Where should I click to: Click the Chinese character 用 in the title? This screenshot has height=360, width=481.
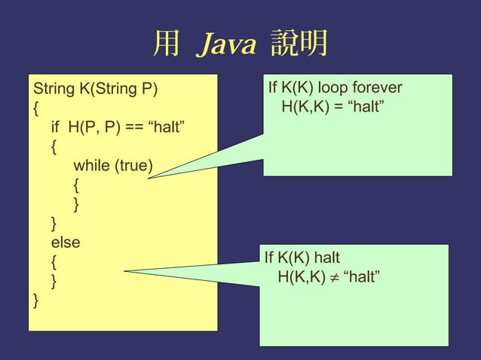(166, 45)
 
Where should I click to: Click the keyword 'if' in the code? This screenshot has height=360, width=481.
(56, 126)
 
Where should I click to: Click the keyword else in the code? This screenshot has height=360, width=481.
(66, 243)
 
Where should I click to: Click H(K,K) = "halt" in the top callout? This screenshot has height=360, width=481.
(334, 108)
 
